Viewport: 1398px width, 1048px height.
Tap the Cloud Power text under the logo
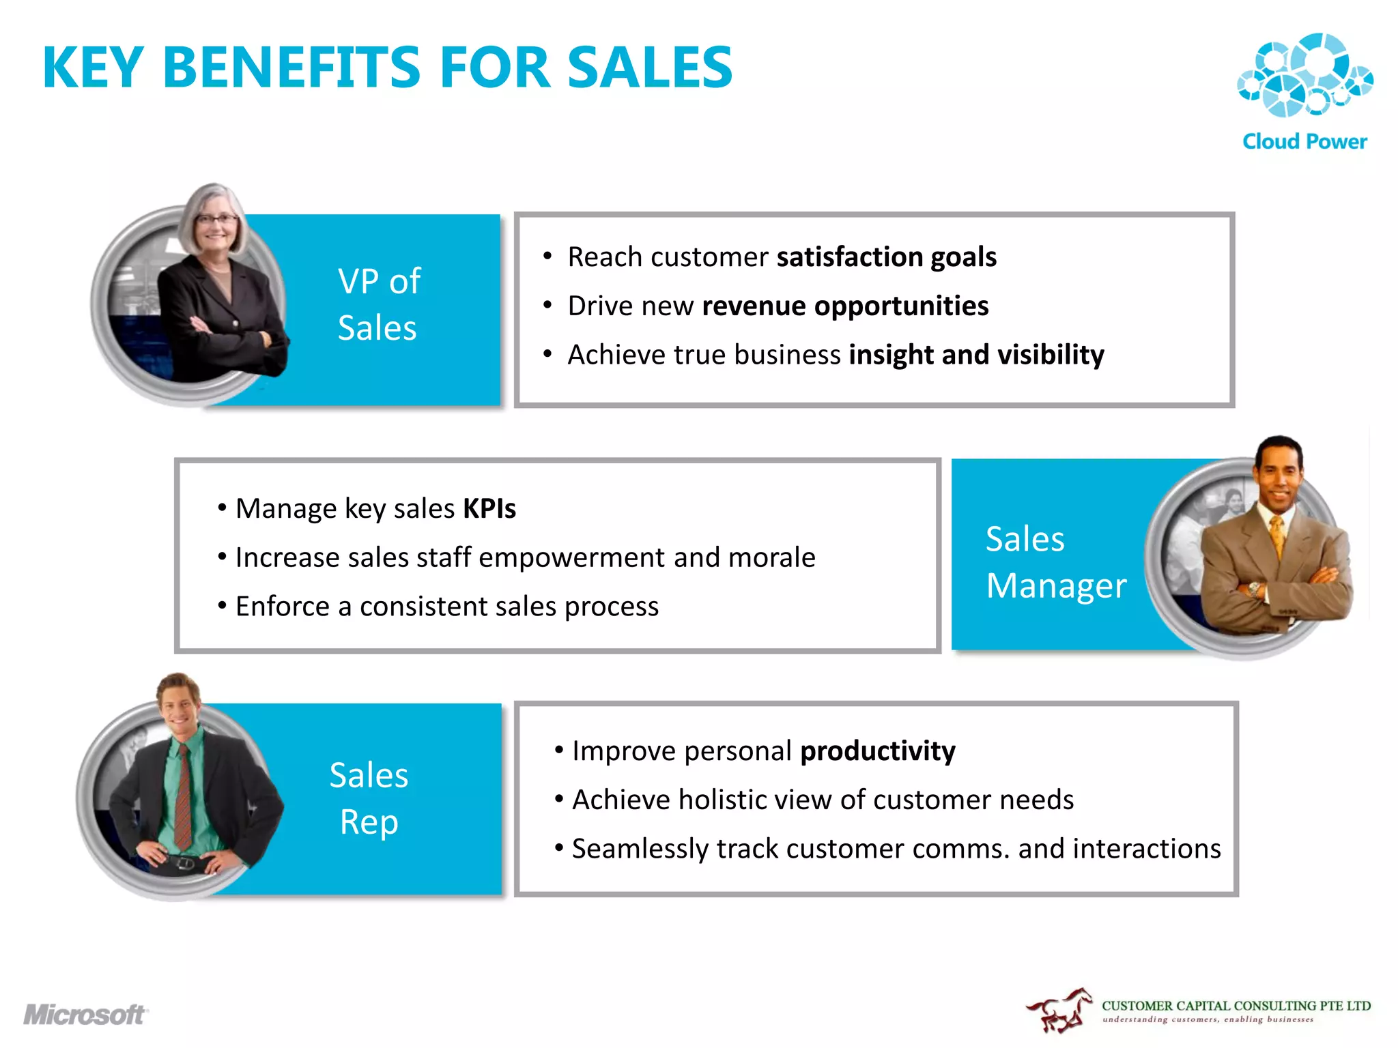point(1304,141)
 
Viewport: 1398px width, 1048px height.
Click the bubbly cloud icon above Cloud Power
point(1304,75)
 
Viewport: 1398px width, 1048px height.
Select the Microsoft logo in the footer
point(85,1015)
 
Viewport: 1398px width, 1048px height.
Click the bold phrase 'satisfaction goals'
point(886,257)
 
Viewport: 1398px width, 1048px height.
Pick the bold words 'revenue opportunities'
point(845,306)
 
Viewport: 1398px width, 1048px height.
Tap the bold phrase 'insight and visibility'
point(976,355)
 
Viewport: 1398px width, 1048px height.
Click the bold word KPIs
point(489,508)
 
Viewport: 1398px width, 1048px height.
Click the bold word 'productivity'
point(877,751)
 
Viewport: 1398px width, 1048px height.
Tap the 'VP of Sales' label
point(379,304)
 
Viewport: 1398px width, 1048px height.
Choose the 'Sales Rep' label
point(369,798)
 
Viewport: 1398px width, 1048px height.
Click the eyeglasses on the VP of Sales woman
point(216,219)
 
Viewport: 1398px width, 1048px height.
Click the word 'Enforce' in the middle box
point(282,607)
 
